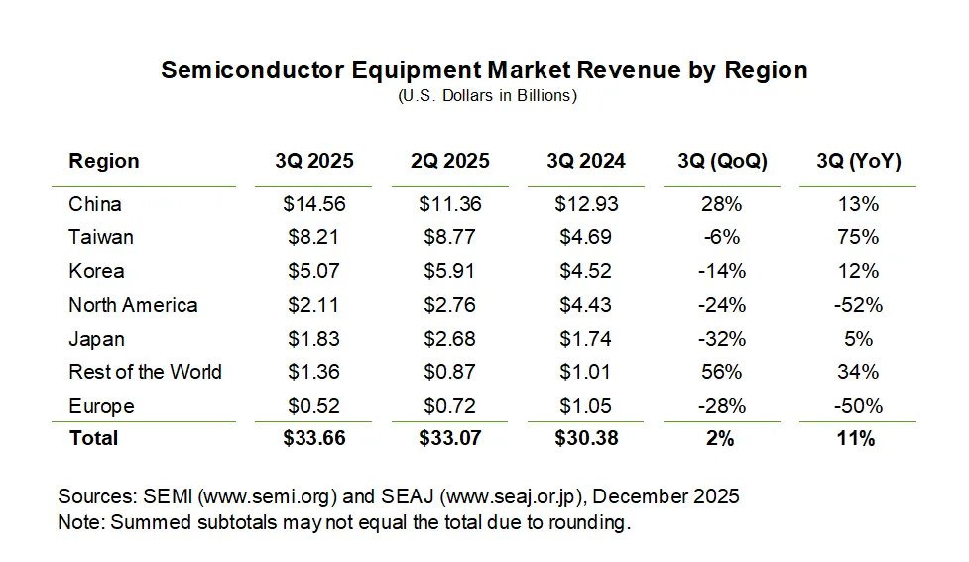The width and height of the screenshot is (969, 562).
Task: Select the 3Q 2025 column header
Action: click(314, 162)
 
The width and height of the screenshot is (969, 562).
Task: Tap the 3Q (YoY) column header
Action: click(859, 162)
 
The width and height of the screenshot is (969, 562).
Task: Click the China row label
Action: click(95, 204)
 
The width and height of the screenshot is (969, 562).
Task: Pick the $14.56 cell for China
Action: click(314, 204)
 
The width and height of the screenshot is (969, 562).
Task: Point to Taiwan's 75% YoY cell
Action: click(859, 237)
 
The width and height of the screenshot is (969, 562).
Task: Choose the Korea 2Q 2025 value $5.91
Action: click(451, 271)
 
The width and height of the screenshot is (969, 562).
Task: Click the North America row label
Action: click(133, 305)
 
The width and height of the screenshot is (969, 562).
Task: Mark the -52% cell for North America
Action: click(859, 305)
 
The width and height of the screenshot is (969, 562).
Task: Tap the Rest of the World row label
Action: click(145, 372)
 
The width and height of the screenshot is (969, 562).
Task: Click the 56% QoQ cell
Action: click(721, 372)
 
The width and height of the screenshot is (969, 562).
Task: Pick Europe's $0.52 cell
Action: click(314, 406)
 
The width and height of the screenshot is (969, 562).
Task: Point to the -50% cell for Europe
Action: click(859, 406)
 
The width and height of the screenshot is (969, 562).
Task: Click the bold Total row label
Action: click(93, 438)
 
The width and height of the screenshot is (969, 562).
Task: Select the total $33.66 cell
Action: click(314, 438)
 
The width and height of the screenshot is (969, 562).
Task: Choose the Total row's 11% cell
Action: click(859, 438)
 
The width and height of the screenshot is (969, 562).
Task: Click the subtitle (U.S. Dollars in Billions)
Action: click(487, 96)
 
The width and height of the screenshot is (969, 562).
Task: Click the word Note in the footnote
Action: click(78, 522)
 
